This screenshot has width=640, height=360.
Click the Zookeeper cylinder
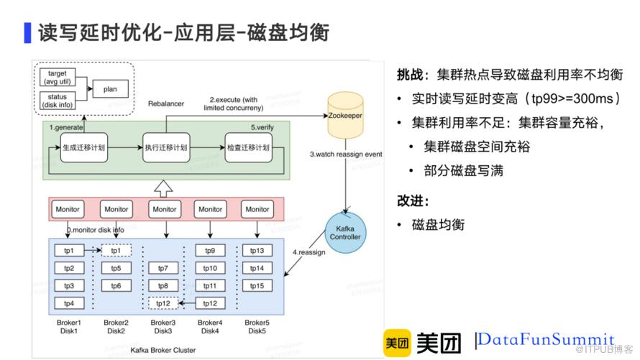346,116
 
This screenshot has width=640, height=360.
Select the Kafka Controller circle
345,231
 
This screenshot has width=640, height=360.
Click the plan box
110,89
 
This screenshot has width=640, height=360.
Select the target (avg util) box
57,78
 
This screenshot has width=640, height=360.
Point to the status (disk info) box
57,100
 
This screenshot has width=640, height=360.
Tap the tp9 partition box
210,251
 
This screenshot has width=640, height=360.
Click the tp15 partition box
257,286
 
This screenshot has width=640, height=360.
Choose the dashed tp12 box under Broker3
164,303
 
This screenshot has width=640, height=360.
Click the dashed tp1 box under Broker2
116,251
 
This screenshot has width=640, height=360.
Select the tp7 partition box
164,269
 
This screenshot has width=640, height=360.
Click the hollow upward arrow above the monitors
165,188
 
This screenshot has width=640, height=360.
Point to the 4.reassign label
309,253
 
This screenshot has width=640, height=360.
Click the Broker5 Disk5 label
257,327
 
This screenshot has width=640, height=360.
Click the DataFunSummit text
547,339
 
